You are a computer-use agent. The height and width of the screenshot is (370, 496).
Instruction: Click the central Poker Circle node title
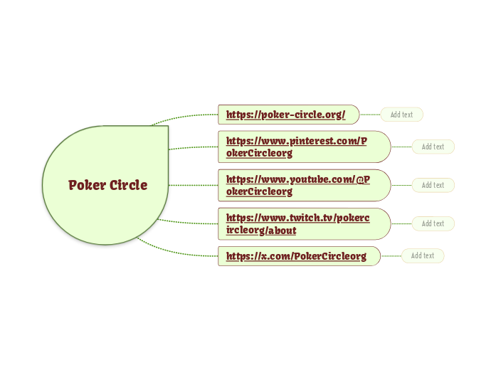point(107,185)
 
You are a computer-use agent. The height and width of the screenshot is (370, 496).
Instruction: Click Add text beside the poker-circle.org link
point(401,115)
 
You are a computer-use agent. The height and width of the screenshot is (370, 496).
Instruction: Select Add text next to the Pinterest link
point(433,147)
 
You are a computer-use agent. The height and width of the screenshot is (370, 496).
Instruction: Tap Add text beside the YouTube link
point(433,185)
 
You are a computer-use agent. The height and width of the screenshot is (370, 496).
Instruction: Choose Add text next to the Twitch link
point(433,223)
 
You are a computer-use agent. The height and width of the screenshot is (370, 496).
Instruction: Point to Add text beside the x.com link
point(423,255)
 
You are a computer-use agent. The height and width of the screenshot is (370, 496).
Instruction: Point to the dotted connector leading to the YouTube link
point(194,185)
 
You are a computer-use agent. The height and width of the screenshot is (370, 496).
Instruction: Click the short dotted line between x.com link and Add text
point(391,255)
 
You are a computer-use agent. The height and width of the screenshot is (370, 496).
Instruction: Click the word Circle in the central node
point(129,185)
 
